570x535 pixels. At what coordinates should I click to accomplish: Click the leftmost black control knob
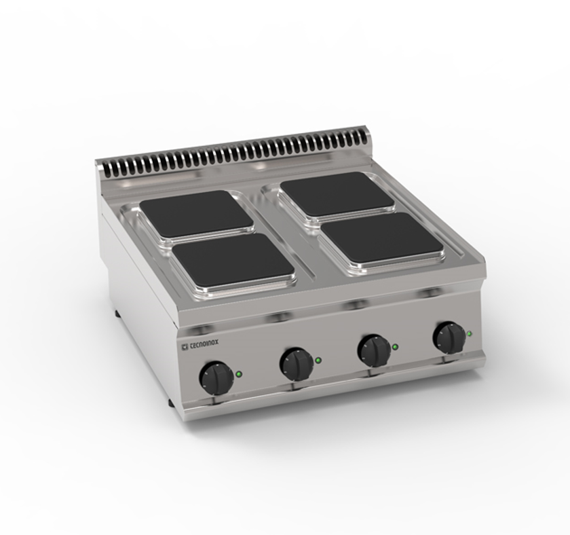tap(215, 378)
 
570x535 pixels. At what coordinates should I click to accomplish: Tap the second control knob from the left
tap(296, 364)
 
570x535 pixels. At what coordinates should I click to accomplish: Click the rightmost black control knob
tap(449, 337)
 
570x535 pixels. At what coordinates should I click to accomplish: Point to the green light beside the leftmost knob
tap(239, 373)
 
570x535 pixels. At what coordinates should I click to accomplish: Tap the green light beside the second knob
tap(318, 360)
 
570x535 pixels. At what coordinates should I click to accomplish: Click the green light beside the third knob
tap(395, 347)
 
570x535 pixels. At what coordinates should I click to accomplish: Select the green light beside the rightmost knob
tap(470, 333)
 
